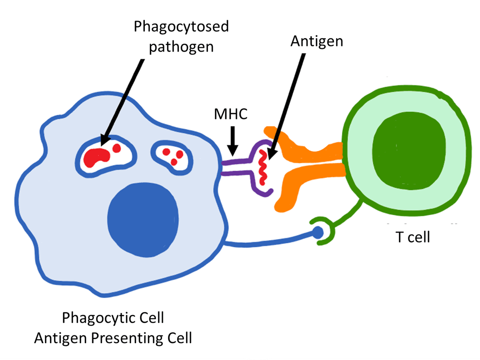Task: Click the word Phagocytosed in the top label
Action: [181, 27]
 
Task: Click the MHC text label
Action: [231, 115]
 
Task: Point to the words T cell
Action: [413, 237]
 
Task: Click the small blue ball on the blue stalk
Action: [318, 232]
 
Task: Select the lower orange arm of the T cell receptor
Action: [304, 180]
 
